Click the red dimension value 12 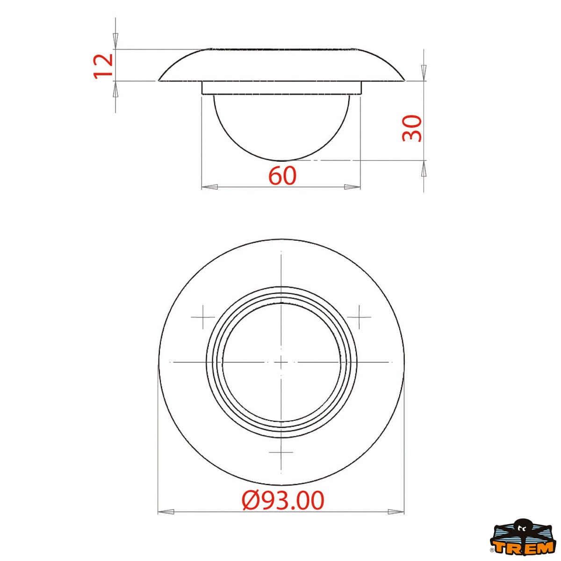point(103,66)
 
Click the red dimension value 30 point(412,129)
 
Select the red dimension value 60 point(282,176)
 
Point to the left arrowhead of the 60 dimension point(209,187)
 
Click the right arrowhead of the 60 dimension point(352,187)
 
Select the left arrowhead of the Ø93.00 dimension point(166,520)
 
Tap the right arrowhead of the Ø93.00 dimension point(396,520)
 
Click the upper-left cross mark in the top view point(203,317)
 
